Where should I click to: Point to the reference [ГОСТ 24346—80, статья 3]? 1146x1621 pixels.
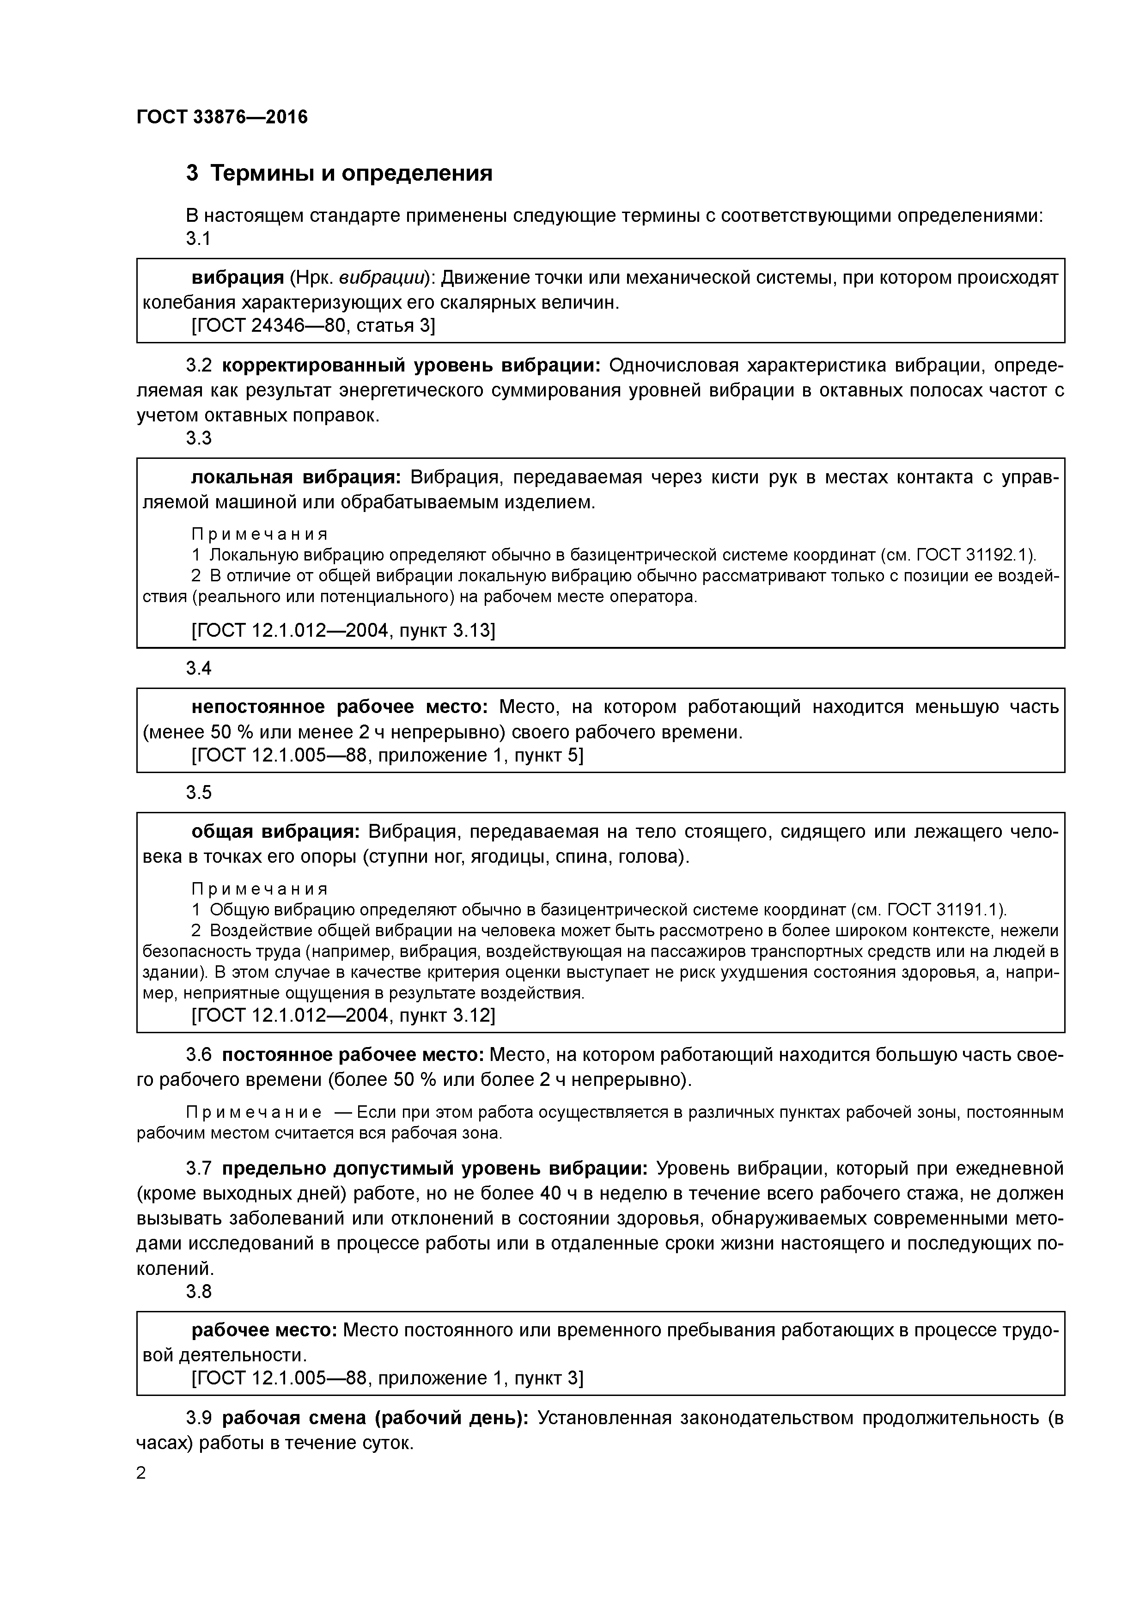pyautogui.click(x=313, y=325)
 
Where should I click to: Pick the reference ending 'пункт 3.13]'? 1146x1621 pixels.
pyautogui.click(x=343, y=630)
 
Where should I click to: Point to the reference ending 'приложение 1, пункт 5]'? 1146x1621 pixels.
pyautogui.click(x=388, y=756)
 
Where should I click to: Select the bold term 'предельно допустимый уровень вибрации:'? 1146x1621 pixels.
pyautogui.click(x=434, y=1169)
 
